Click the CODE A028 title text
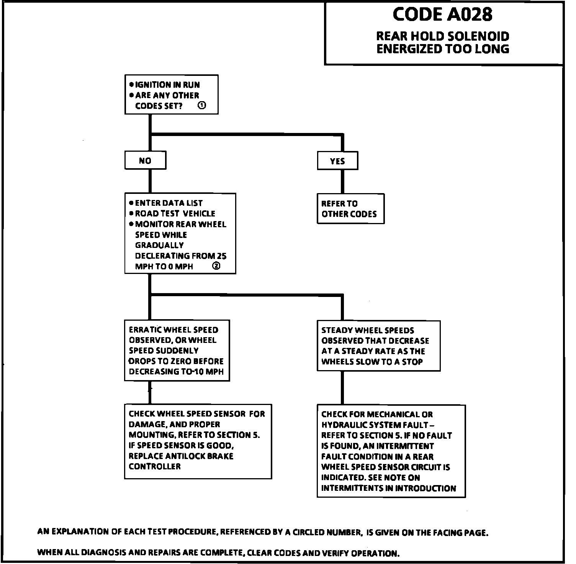443,15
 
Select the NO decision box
145,161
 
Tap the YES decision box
337,161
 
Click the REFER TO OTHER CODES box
350,209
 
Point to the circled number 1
202,105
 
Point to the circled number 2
216,266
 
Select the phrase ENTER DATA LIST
169,203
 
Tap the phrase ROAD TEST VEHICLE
175,213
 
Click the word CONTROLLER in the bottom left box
155,466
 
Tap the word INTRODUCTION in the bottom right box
425,488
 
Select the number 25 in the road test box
221,256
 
